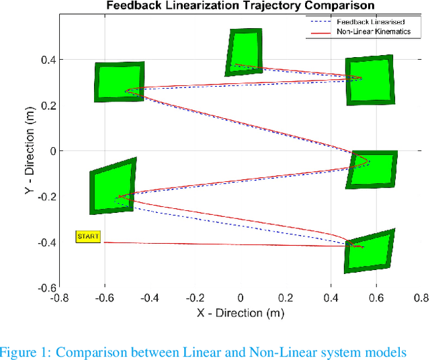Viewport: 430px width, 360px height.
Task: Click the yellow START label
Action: (x=88, y=236)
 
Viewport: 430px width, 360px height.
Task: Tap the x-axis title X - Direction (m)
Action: (x=240, y=312)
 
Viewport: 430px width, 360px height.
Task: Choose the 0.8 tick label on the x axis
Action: (x=421, y=298)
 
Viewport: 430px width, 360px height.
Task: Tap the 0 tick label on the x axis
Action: (x=241, y=298)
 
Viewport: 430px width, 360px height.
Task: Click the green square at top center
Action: (x=243, y=52)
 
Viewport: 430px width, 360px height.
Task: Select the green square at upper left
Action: (x=119, y=82)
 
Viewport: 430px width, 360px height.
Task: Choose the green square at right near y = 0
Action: (x=372, y=169)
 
